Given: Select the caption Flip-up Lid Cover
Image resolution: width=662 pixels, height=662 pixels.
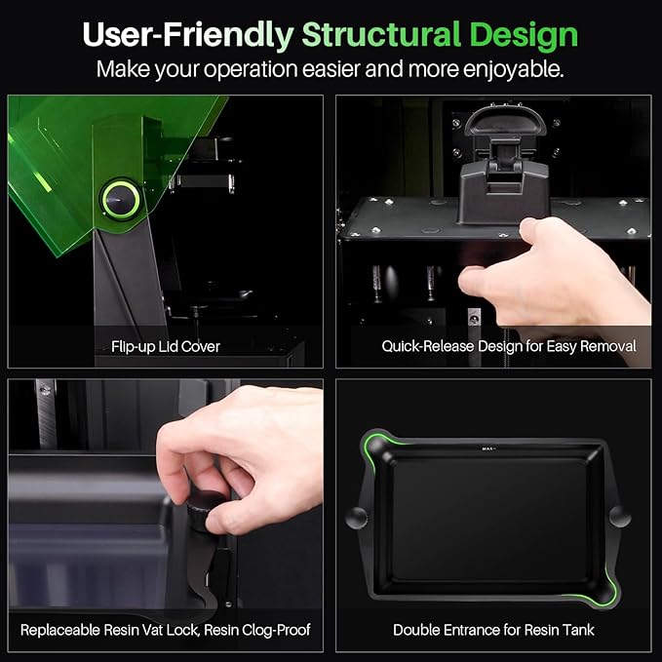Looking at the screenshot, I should (165, 346).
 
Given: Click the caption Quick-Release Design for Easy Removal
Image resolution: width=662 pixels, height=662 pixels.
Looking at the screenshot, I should (494, 346).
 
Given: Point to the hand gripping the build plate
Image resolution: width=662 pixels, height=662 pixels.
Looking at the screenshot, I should (546, 273).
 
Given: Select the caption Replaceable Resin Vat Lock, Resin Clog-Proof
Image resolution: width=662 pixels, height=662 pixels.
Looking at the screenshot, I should (165, 630).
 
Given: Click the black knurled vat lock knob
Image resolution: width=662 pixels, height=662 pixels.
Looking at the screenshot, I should (207, 508).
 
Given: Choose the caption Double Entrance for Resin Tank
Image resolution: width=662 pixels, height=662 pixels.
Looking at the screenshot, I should (494, 630).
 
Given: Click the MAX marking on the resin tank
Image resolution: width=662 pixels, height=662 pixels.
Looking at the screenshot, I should (487, 449).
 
